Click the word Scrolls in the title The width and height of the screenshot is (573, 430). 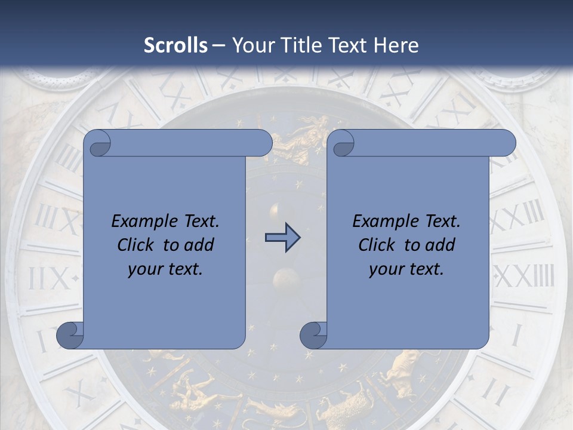[x=176, y=45]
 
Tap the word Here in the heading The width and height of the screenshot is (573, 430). [x=396, y=45]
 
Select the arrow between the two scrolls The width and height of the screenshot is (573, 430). [x=282, y=238]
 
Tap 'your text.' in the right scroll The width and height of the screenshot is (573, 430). [x=406, y=269]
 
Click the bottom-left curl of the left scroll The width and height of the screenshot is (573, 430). [x=69, y=336]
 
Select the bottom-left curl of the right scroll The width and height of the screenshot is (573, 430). [x=312, y=336]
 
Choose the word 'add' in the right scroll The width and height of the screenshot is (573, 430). [x=439, y=245]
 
